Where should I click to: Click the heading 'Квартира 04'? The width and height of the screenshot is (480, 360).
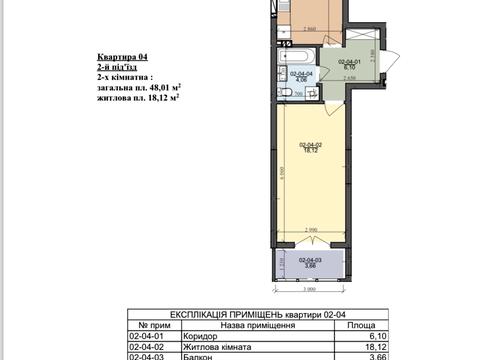point(123,58)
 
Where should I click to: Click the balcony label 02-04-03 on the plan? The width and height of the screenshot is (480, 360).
point(310,263)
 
